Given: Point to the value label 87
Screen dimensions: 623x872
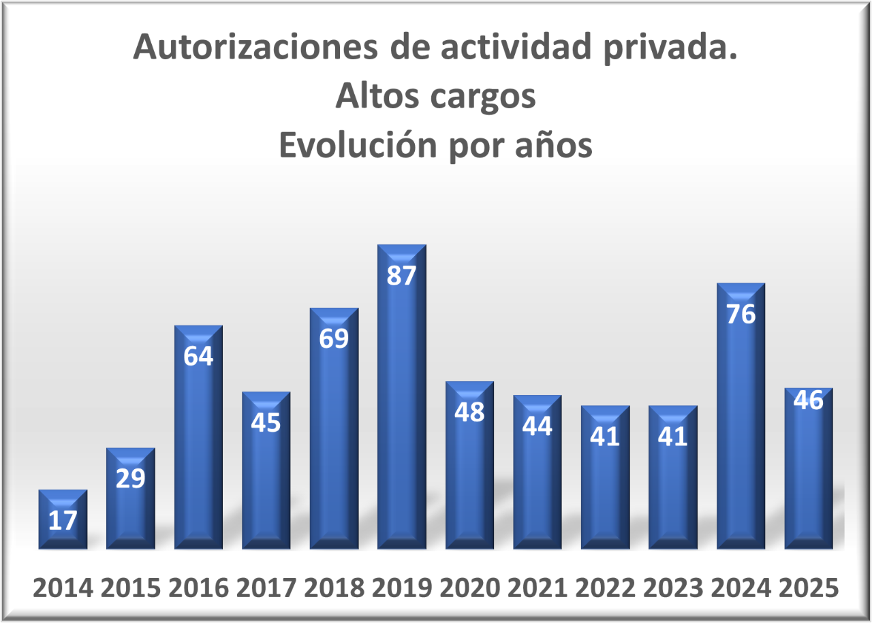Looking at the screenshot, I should click(401, 276).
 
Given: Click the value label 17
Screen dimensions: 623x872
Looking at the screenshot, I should click(63, 521).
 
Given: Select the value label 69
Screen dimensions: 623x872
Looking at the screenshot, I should click(334, 339).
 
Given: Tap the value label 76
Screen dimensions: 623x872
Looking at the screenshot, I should click(741, 315).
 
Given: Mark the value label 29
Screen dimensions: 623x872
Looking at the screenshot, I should click(130, 479).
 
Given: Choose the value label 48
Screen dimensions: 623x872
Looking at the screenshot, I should click(469, 412).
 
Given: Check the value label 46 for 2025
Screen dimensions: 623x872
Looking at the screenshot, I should click(809, 400).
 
